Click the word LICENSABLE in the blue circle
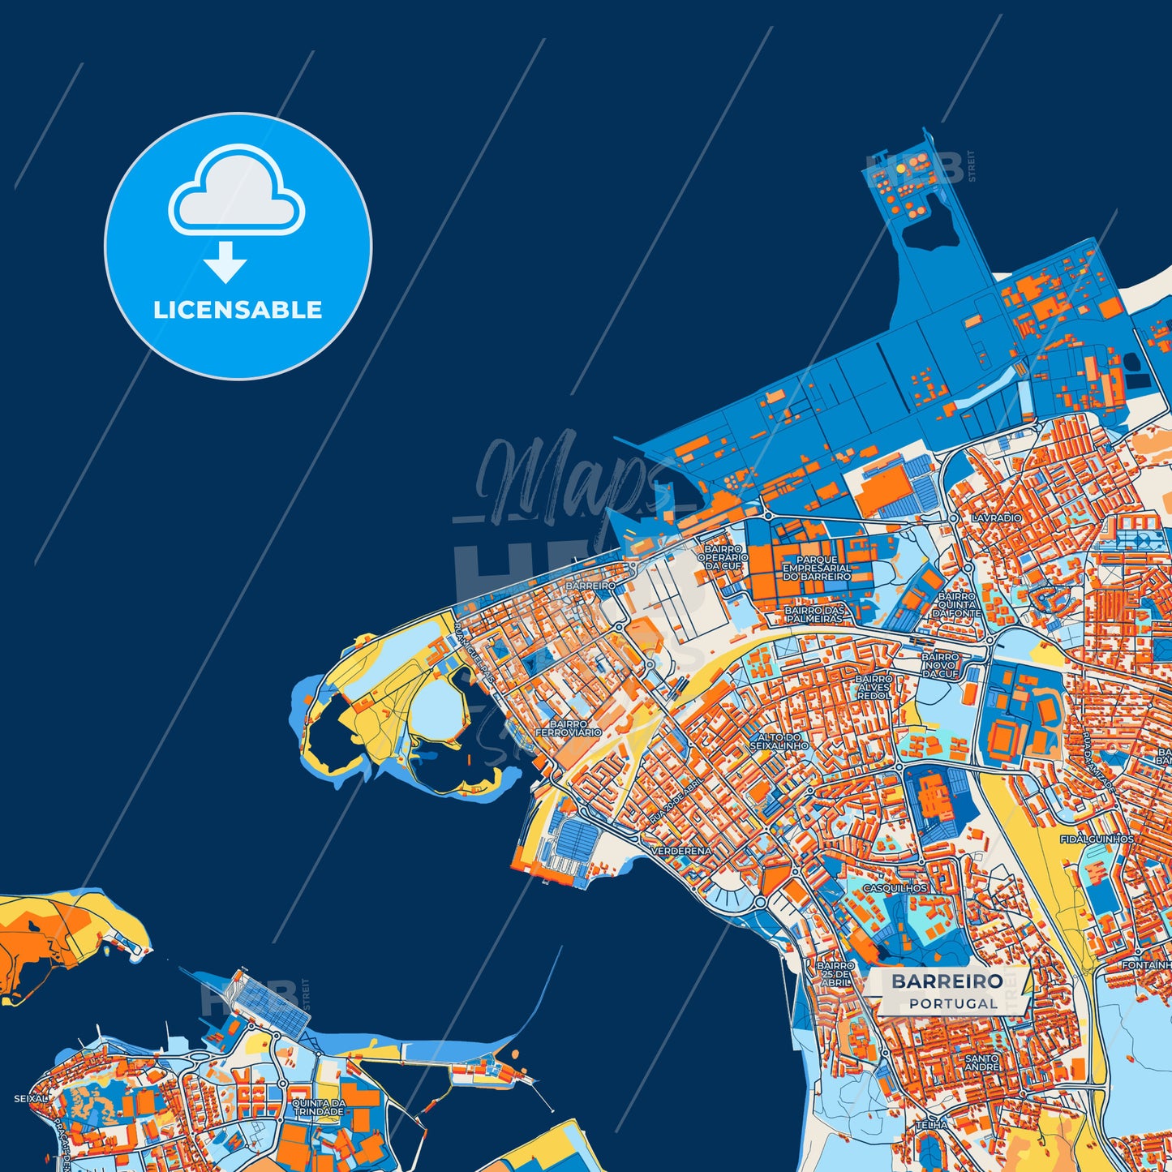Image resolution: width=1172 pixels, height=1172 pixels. [238, 310]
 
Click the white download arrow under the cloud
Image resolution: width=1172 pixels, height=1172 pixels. [225, 262]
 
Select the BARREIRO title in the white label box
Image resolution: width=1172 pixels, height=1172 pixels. [947, 981]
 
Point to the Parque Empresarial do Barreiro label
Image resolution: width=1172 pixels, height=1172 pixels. [817, 568]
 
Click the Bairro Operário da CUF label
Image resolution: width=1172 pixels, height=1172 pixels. [723, 557]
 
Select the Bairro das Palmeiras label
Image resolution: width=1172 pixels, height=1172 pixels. [814, 614]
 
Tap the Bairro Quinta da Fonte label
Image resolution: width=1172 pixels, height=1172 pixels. [956, 605]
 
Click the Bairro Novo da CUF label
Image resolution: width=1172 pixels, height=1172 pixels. [940, 665]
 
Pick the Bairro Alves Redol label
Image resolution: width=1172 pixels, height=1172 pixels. [873, 688]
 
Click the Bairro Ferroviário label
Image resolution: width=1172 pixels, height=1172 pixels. [568, 728]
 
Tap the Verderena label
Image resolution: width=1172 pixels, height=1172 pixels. [681, 851]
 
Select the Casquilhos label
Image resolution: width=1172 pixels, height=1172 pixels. [895, 888]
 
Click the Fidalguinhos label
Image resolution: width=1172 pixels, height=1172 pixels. [1097, 839]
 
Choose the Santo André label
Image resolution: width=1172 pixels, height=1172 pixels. [981, 1063]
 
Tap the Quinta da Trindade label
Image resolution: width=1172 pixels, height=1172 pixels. [319, 1108]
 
